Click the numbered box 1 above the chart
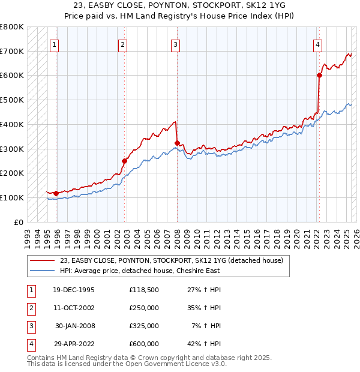point(54,44)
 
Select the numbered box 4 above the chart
point(317,44)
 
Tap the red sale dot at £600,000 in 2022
point(319,75)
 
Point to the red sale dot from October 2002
point(125,161)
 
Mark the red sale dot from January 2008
point(177,143)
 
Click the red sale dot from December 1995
point(56,193)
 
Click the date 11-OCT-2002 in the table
point(74,308)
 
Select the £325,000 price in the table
point(144,326)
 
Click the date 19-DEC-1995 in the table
point(74,290)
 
